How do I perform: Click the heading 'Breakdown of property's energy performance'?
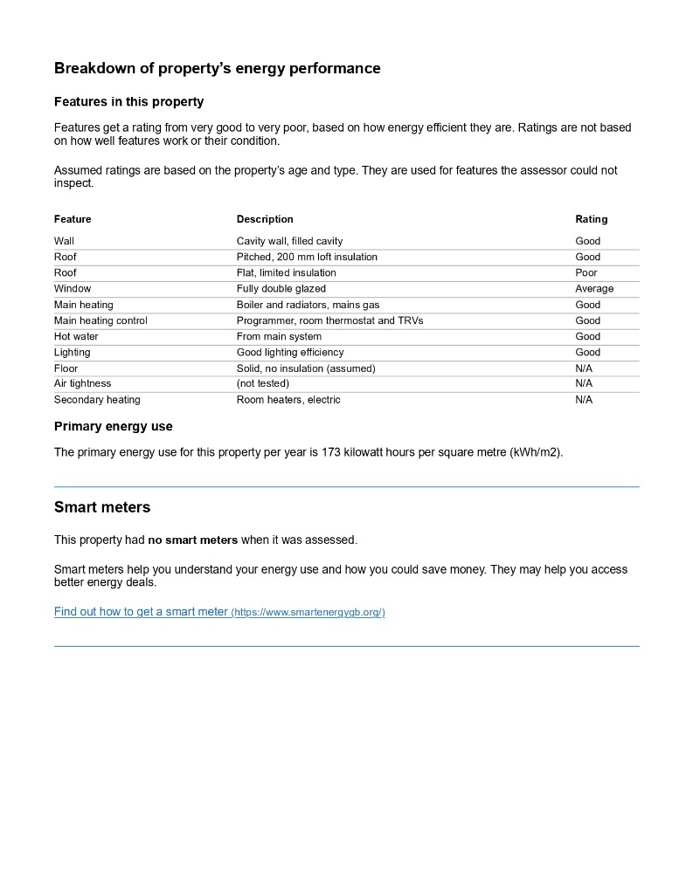tap(217, 68)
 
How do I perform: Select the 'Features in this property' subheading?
tap(128, 101)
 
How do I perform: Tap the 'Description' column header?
tap(265, 219)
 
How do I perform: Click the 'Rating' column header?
tap(591, 219)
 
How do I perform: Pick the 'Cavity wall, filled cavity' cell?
tap(289, 241)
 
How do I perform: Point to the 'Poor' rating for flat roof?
tap(586, 272)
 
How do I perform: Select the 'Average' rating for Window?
tap(594, 288)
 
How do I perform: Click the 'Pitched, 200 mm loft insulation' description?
tap(307, 257)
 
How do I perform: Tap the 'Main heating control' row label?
tap(100, 320)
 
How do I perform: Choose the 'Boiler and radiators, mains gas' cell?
tap(308, 305)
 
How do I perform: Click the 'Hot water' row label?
tap(76, 336)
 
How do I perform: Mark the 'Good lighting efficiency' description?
tap(289, 352)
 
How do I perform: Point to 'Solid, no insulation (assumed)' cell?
tap(305, 368)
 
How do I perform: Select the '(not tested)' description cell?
tap(262, 383)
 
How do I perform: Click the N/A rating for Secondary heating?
tap(583, 400)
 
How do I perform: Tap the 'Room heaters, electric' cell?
tap(288, 400)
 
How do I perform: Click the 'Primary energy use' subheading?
tap(113, 426)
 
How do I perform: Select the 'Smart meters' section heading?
tap(101, 507)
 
